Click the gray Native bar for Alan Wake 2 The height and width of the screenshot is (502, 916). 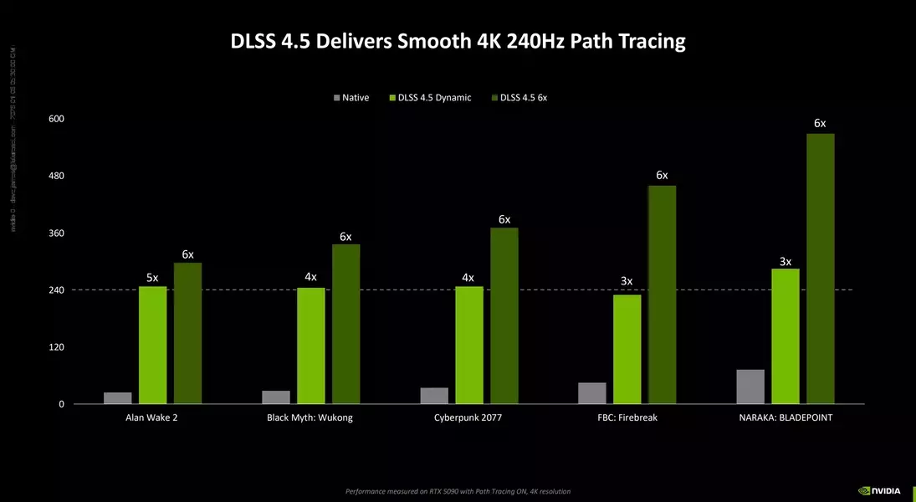click(x=118, y=398)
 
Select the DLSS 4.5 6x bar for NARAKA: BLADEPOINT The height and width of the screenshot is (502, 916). click(x=821, y=269)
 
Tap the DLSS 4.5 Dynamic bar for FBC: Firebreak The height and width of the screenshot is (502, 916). click(x=627, y=349)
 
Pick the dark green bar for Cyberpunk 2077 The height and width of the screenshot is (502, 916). click(x=504, y=315)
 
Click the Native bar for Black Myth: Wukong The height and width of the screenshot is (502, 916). click(x=276, y=397)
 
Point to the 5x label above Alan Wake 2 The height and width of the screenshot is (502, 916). click(x=152, y=277)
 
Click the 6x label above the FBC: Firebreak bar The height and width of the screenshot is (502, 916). click(x=662, y=176)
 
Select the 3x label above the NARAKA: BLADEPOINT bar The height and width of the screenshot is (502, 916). click(x=786, y=261)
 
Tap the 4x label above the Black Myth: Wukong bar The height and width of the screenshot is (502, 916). click(x=310, y=277)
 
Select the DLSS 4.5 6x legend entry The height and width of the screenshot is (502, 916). click(x=524, y=98)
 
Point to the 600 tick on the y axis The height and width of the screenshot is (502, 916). click(x=57, y=119)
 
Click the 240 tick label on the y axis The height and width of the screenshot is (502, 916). click(x=57, y=290)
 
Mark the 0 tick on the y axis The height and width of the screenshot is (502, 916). click(x=61, y=404)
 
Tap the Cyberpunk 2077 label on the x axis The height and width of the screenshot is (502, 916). click(x=468, y=417)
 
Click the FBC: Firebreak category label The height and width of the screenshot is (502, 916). click(x=627, y=417)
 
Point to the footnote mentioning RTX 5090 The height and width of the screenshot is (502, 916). click(x=458, y=491)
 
